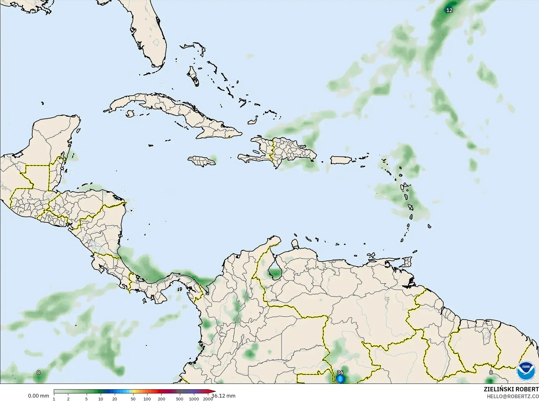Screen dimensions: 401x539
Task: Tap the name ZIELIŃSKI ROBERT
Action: point(511,389)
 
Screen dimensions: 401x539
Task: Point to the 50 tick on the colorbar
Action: point(133,399)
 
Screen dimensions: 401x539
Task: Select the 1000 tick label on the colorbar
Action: point(194,399)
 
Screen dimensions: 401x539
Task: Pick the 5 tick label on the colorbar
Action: point(86,399)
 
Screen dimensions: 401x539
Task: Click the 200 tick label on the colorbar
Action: point(161,399)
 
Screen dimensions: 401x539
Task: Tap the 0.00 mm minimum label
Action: point(38,396)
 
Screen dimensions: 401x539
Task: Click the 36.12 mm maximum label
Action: point(223,396)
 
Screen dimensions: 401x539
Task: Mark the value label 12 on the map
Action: point(449,10)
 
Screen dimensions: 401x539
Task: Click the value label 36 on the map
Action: point(340,372)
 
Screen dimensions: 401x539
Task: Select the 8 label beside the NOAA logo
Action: point(491,372)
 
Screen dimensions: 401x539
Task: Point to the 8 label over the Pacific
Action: point(38,372)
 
